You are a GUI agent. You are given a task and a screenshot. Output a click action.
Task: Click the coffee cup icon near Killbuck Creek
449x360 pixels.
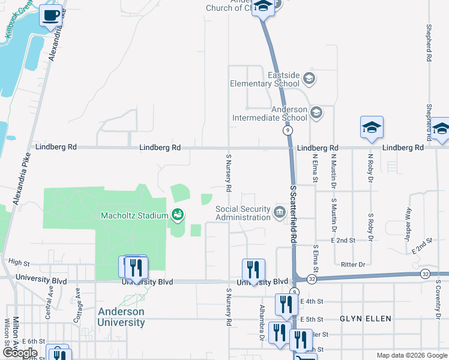click(51, 16)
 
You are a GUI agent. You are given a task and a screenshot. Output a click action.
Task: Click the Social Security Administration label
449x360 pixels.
click(243, 213)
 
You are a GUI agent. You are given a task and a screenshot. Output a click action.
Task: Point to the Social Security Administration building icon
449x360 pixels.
click(279, 212)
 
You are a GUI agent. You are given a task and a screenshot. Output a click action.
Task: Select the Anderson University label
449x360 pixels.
click(121, 317)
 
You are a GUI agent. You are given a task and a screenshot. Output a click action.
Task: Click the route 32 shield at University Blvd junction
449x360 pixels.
click(312, 279)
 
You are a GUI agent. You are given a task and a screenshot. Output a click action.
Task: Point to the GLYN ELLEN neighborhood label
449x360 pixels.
click(366, 319)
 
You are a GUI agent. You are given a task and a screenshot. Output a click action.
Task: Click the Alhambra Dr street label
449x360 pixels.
click(262, 322)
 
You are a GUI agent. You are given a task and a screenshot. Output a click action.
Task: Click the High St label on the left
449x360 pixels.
click(19, 263)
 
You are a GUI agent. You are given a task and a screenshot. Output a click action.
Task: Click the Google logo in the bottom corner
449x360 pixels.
click(20, 353)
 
